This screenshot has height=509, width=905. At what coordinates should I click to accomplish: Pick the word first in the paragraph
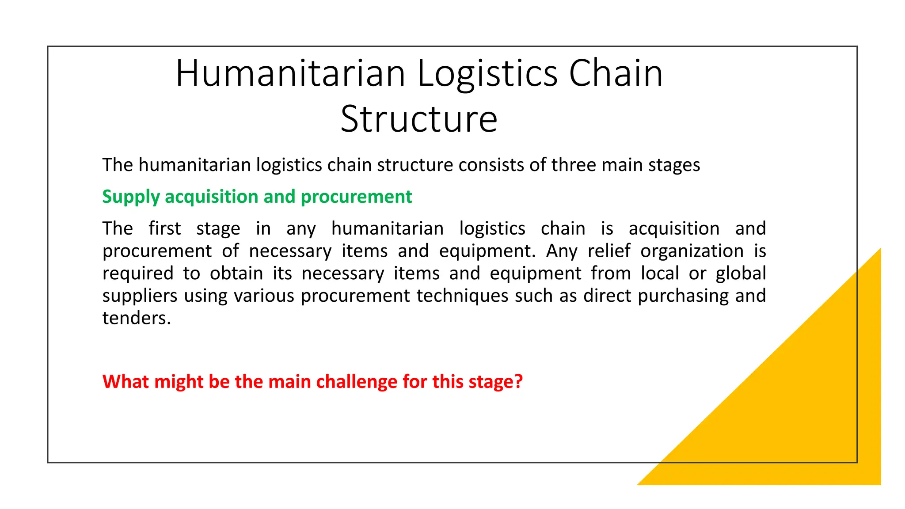pos(164,228)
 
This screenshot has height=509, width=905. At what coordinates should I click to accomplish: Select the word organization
pos(692,251)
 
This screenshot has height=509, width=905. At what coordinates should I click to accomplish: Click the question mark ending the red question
pos(519,382)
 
